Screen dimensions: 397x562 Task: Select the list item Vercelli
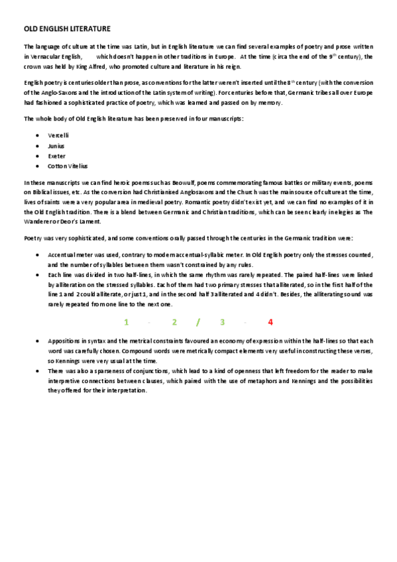click(58, 135)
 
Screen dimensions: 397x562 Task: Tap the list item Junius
click(56, 145)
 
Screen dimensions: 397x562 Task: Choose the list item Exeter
click(56, 156)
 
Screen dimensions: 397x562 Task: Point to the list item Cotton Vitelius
click(68, 166)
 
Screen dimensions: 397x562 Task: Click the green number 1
click(126, 322)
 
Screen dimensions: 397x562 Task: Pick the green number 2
click(174, 322)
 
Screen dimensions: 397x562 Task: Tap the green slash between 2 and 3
click(198, 322)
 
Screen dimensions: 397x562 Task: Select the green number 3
click(223, 322)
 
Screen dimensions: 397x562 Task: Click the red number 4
click(270, 322)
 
